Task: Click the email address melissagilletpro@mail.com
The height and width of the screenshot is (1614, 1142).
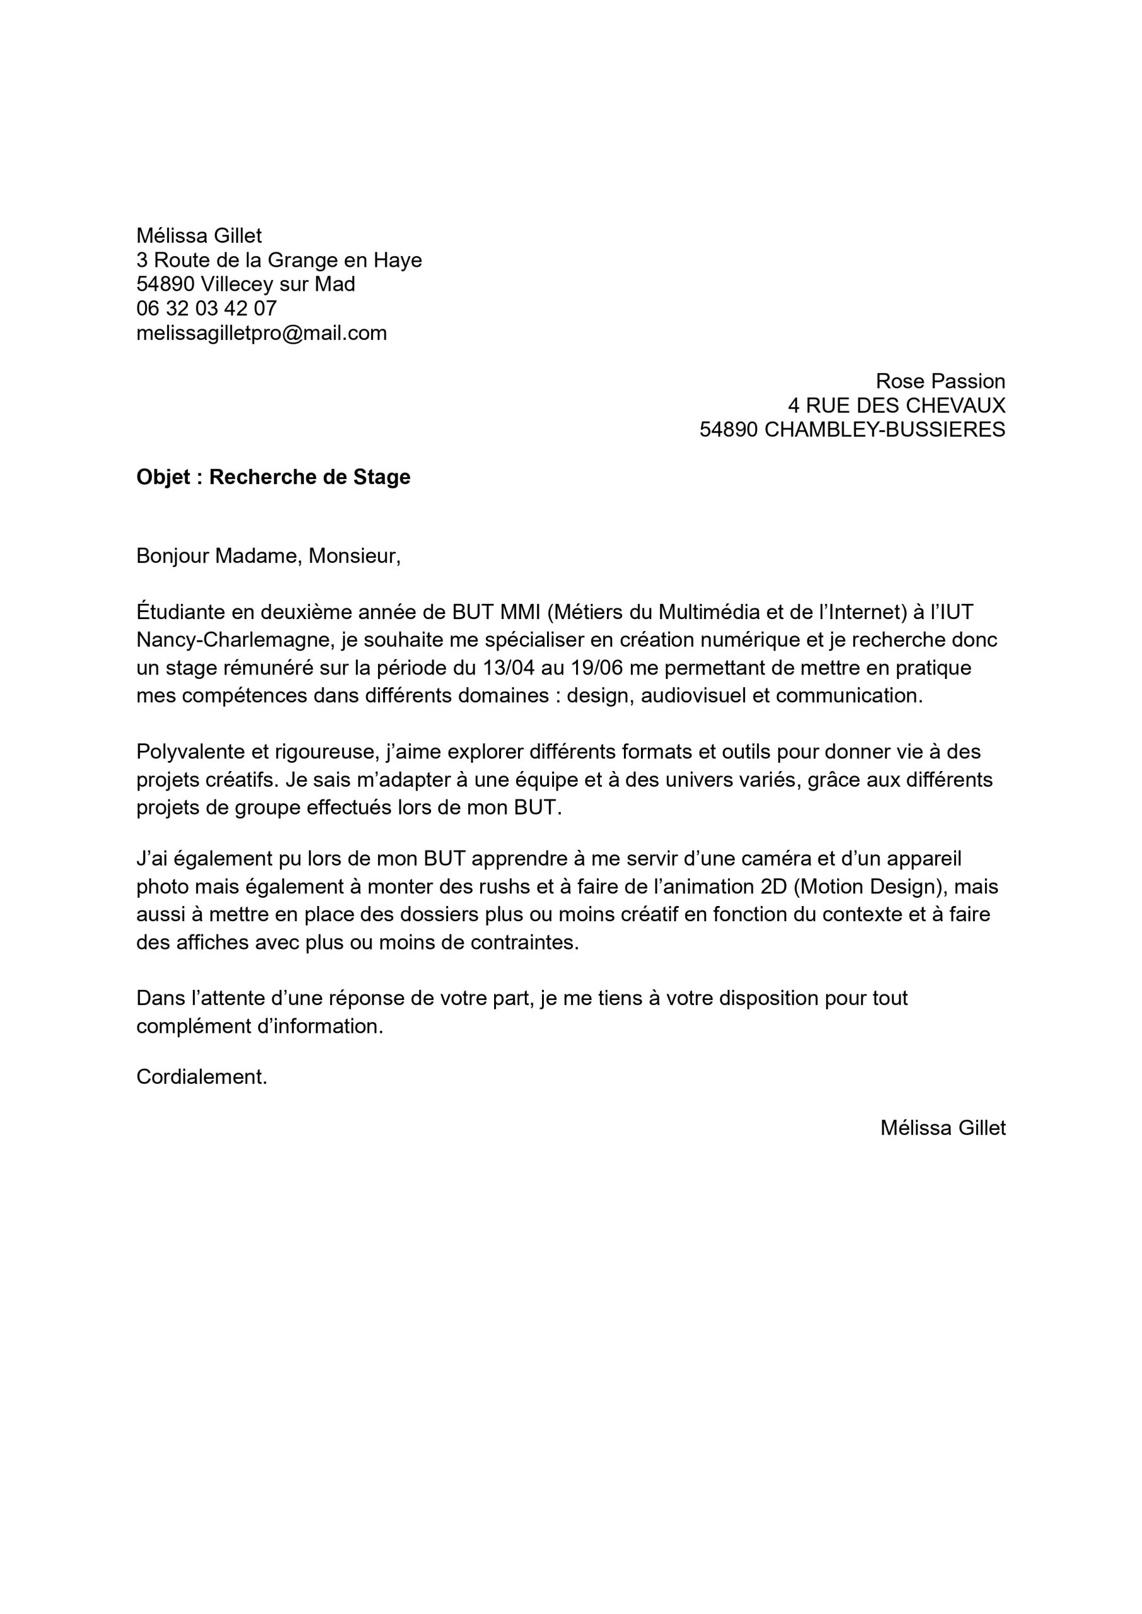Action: (x=262, y=333)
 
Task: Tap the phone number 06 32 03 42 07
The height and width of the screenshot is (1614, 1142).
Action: (x=207, y=308)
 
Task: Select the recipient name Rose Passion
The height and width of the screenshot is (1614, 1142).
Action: (x=940, y=381)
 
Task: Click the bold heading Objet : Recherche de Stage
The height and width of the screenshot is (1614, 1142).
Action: (x=273, y=477)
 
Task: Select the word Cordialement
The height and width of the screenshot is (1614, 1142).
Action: (x=201, y=1077)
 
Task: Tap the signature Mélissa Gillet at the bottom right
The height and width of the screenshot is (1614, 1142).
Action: (x=942, y=1127)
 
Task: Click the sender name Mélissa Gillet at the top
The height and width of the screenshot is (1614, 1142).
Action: (x=199, y=236)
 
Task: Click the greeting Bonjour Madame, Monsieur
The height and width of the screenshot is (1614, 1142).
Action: (x=268, y=555)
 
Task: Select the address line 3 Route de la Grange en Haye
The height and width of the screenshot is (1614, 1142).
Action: (x=279, y=260)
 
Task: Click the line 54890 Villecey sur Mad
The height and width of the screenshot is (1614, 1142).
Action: (x=245, y=284)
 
